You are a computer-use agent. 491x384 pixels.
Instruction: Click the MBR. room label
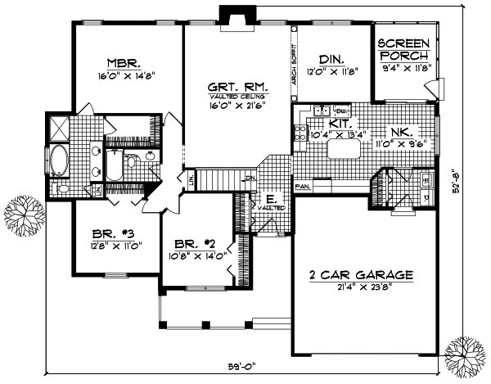coord(125,61)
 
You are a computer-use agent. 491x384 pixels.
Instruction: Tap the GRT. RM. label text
coord(229,84)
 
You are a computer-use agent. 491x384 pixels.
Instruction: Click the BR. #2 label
coord(195,243)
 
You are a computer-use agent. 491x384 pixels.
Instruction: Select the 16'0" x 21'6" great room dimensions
coord(229,106)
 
